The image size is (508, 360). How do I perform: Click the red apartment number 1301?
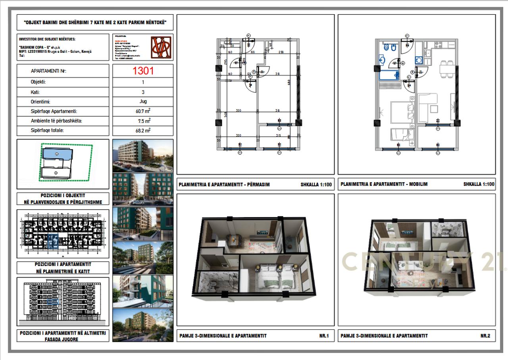pos(143,71)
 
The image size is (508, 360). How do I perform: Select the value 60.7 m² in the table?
pos(143,111)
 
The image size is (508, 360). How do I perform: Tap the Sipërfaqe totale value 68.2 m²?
pos(143,130)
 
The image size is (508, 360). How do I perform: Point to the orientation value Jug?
pos(143,102)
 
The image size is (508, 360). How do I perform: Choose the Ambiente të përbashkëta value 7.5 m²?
pos(143,120)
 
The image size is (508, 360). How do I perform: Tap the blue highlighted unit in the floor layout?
pos(53,241)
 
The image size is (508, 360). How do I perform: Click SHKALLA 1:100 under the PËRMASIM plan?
pos(316,185)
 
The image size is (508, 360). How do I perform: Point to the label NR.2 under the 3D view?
pos(485,336)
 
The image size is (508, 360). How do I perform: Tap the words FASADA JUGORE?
pos(63,339)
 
